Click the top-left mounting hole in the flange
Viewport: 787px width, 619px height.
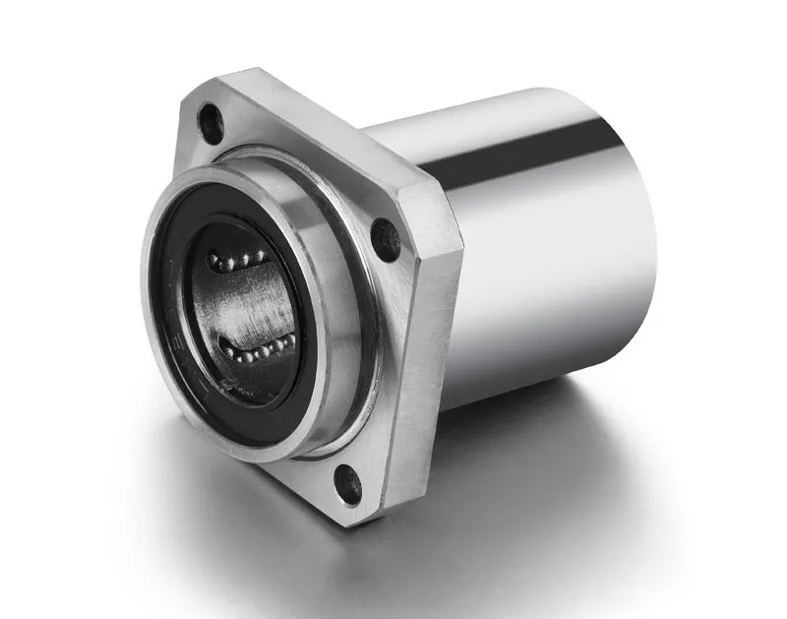pyautogui.click(x=210, y=122)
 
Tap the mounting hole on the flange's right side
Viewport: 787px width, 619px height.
pyautogui.click(x=385, y=239)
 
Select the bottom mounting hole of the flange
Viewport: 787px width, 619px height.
pyautogui.click(x=347, y=484)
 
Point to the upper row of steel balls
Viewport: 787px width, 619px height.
pyautogui.click(x=236, y=261)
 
